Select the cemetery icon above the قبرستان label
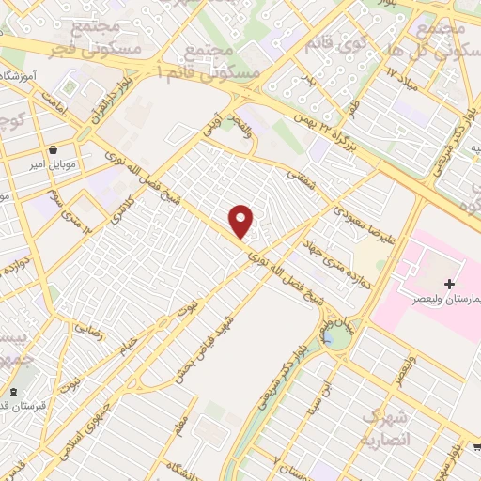click(13, 393)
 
